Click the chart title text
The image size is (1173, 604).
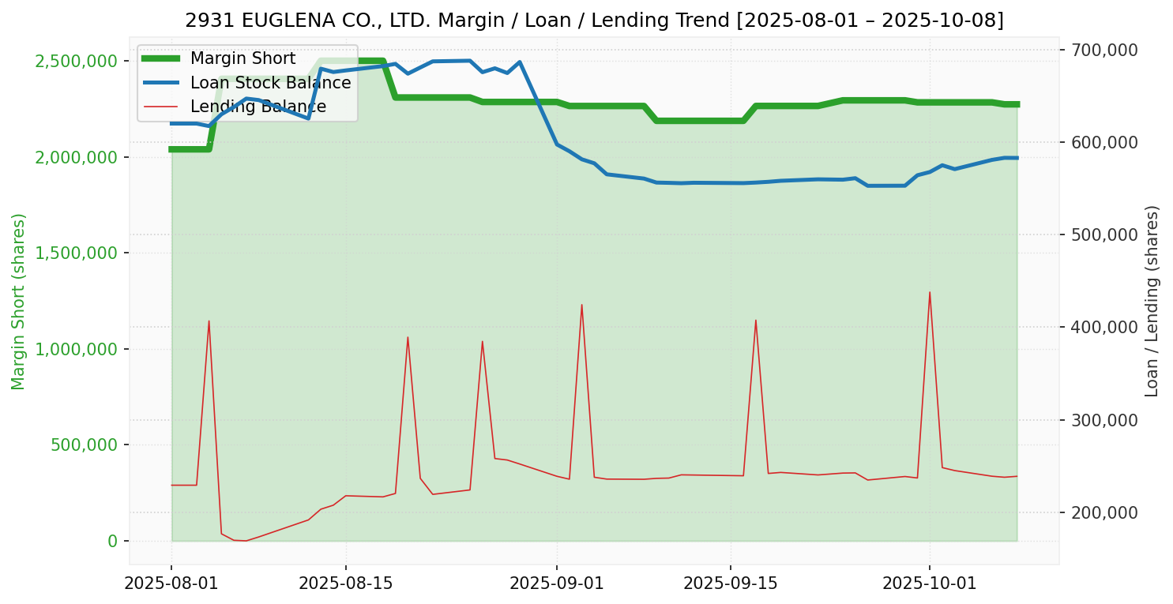tap(594, 20)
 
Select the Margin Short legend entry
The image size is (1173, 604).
tap(242, 58)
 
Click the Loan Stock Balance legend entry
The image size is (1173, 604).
tap(270, 83)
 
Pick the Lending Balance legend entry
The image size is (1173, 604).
tap(258, 107)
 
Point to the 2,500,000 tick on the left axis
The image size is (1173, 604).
tap(78, 61)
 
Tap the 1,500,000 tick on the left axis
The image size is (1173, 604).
tap(78, 253)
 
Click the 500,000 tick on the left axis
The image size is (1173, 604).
tap(85, 445)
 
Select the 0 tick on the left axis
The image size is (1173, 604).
tap(112, 541)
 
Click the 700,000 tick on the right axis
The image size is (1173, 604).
tap(1105, 50)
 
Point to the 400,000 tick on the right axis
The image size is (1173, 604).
tap(1105, 327)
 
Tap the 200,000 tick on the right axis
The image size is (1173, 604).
tap(1105, 512)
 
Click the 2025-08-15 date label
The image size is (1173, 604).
tap(345, 583)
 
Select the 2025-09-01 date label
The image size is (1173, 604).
tap(556, 583)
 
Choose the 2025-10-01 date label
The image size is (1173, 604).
tap(929, 583)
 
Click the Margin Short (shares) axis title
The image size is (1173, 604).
tap(19, 301)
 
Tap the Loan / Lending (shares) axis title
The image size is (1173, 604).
tap(1152, 301)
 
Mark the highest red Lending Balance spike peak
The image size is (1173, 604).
tap(929, 292)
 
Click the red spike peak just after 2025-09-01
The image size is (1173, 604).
tap(581, 305)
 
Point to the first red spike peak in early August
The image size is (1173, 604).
tap(209, 321)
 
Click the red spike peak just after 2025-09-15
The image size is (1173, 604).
tap(755, 320)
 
